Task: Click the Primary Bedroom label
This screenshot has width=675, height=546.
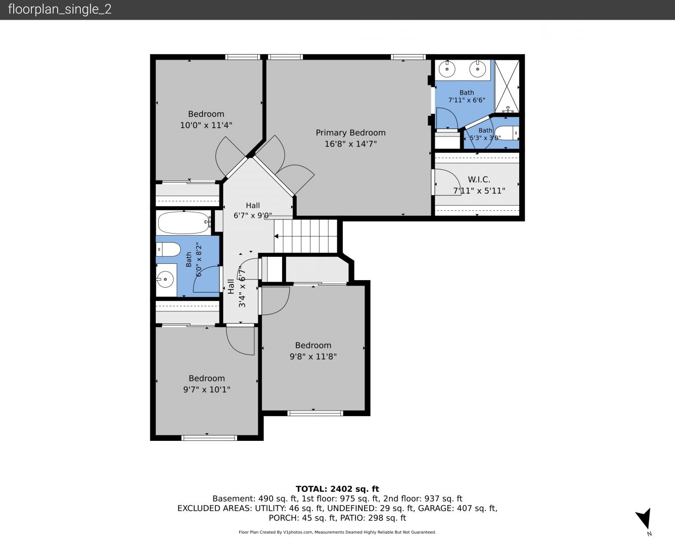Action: [x=350, y=133]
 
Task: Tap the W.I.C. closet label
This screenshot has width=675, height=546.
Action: [x=479, y=179]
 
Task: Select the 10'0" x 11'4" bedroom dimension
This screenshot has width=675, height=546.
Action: [x=206, y=125]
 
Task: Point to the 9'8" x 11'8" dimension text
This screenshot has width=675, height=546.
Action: [x=313, y=356]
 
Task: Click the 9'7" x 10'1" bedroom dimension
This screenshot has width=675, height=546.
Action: [x=207, y=389]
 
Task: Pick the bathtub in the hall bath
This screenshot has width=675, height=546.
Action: [x=184, y=223]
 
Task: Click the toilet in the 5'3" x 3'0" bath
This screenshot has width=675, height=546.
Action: [x=507, y=133]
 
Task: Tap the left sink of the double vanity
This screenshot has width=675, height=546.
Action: [x=447, y=69]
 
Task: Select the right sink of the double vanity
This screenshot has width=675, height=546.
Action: [x=478, y=69]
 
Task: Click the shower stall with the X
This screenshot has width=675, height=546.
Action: [x=507, y=86]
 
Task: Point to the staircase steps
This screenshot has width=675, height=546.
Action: [x=305, y=236]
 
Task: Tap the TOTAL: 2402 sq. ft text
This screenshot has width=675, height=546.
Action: [x=337, y=489]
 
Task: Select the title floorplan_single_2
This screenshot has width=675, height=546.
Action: [x=60, y=9]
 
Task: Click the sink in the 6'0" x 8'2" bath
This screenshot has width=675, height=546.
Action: [x=165, y=280]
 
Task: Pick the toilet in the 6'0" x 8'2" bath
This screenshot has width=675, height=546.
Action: [x=168, y=249]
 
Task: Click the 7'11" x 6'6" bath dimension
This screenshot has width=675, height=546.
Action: [x=467, y=100]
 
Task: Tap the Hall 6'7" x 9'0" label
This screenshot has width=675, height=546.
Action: [x=253, y=211]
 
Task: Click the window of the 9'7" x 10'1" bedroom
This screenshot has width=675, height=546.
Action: [x=209, y=438]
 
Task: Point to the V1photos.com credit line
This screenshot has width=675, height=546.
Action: [x=337, y=532]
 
